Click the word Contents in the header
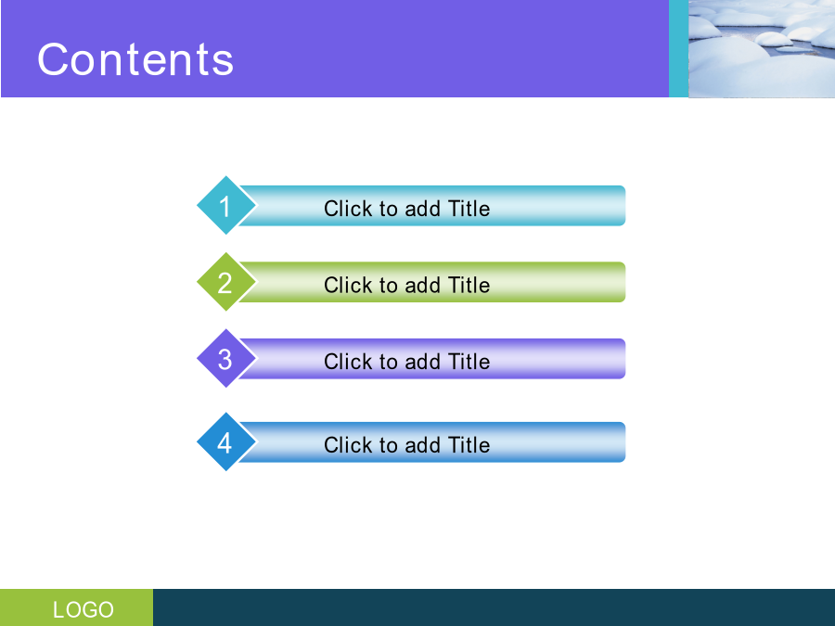[135, 59]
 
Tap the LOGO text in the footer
[83, 609]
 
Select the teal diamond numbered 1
[225, 205]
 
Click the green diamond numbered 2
[225, 282]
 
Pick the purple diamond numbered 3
[225, 358]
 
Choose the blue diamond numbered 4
[225, 441]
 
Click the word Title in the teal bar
[469, 208]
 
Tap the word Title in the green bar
[469, 285]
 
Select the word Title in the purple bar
[469, 362]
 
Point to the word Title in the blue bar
[469, 445]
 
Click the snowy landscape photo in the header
[762, 48]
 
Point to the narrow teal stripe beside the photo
[678, 48]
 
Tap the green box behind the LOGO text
[77, 607]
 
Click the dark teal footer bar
[495, 607]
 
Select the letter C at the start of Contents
[52, 59]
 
